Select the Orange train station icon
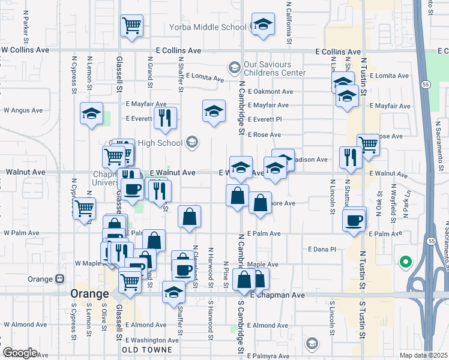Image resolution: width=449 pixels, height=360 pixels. tap(60, 279)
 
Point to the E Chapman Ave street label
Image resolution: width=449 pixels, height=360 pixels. tap(277, 296)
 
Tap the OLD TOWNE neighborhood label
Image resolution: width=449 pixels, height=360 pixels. tap(147, 349)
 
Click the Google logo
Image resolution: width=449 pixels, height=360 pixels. tap(20, 353)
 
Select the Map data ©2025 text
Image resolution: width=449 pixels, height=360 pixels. tap(423, 355)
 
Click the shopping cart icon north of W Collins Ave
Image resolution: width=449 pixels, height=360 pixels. tap(131, 26)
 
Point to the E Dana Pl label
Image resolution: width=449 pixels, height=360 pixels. tap(322, 248)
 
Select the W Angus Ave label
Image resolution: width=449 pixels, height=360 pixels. tap(23, 110)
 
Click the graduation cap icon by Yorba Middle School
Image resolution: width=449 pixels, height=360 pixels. tap(262, 25)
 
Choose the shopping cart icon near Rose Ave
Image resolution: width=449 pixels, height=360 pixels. tap(368, 145)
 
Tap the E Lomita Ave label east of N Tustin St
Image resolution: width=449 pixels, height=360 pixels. tap(389, 76)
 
